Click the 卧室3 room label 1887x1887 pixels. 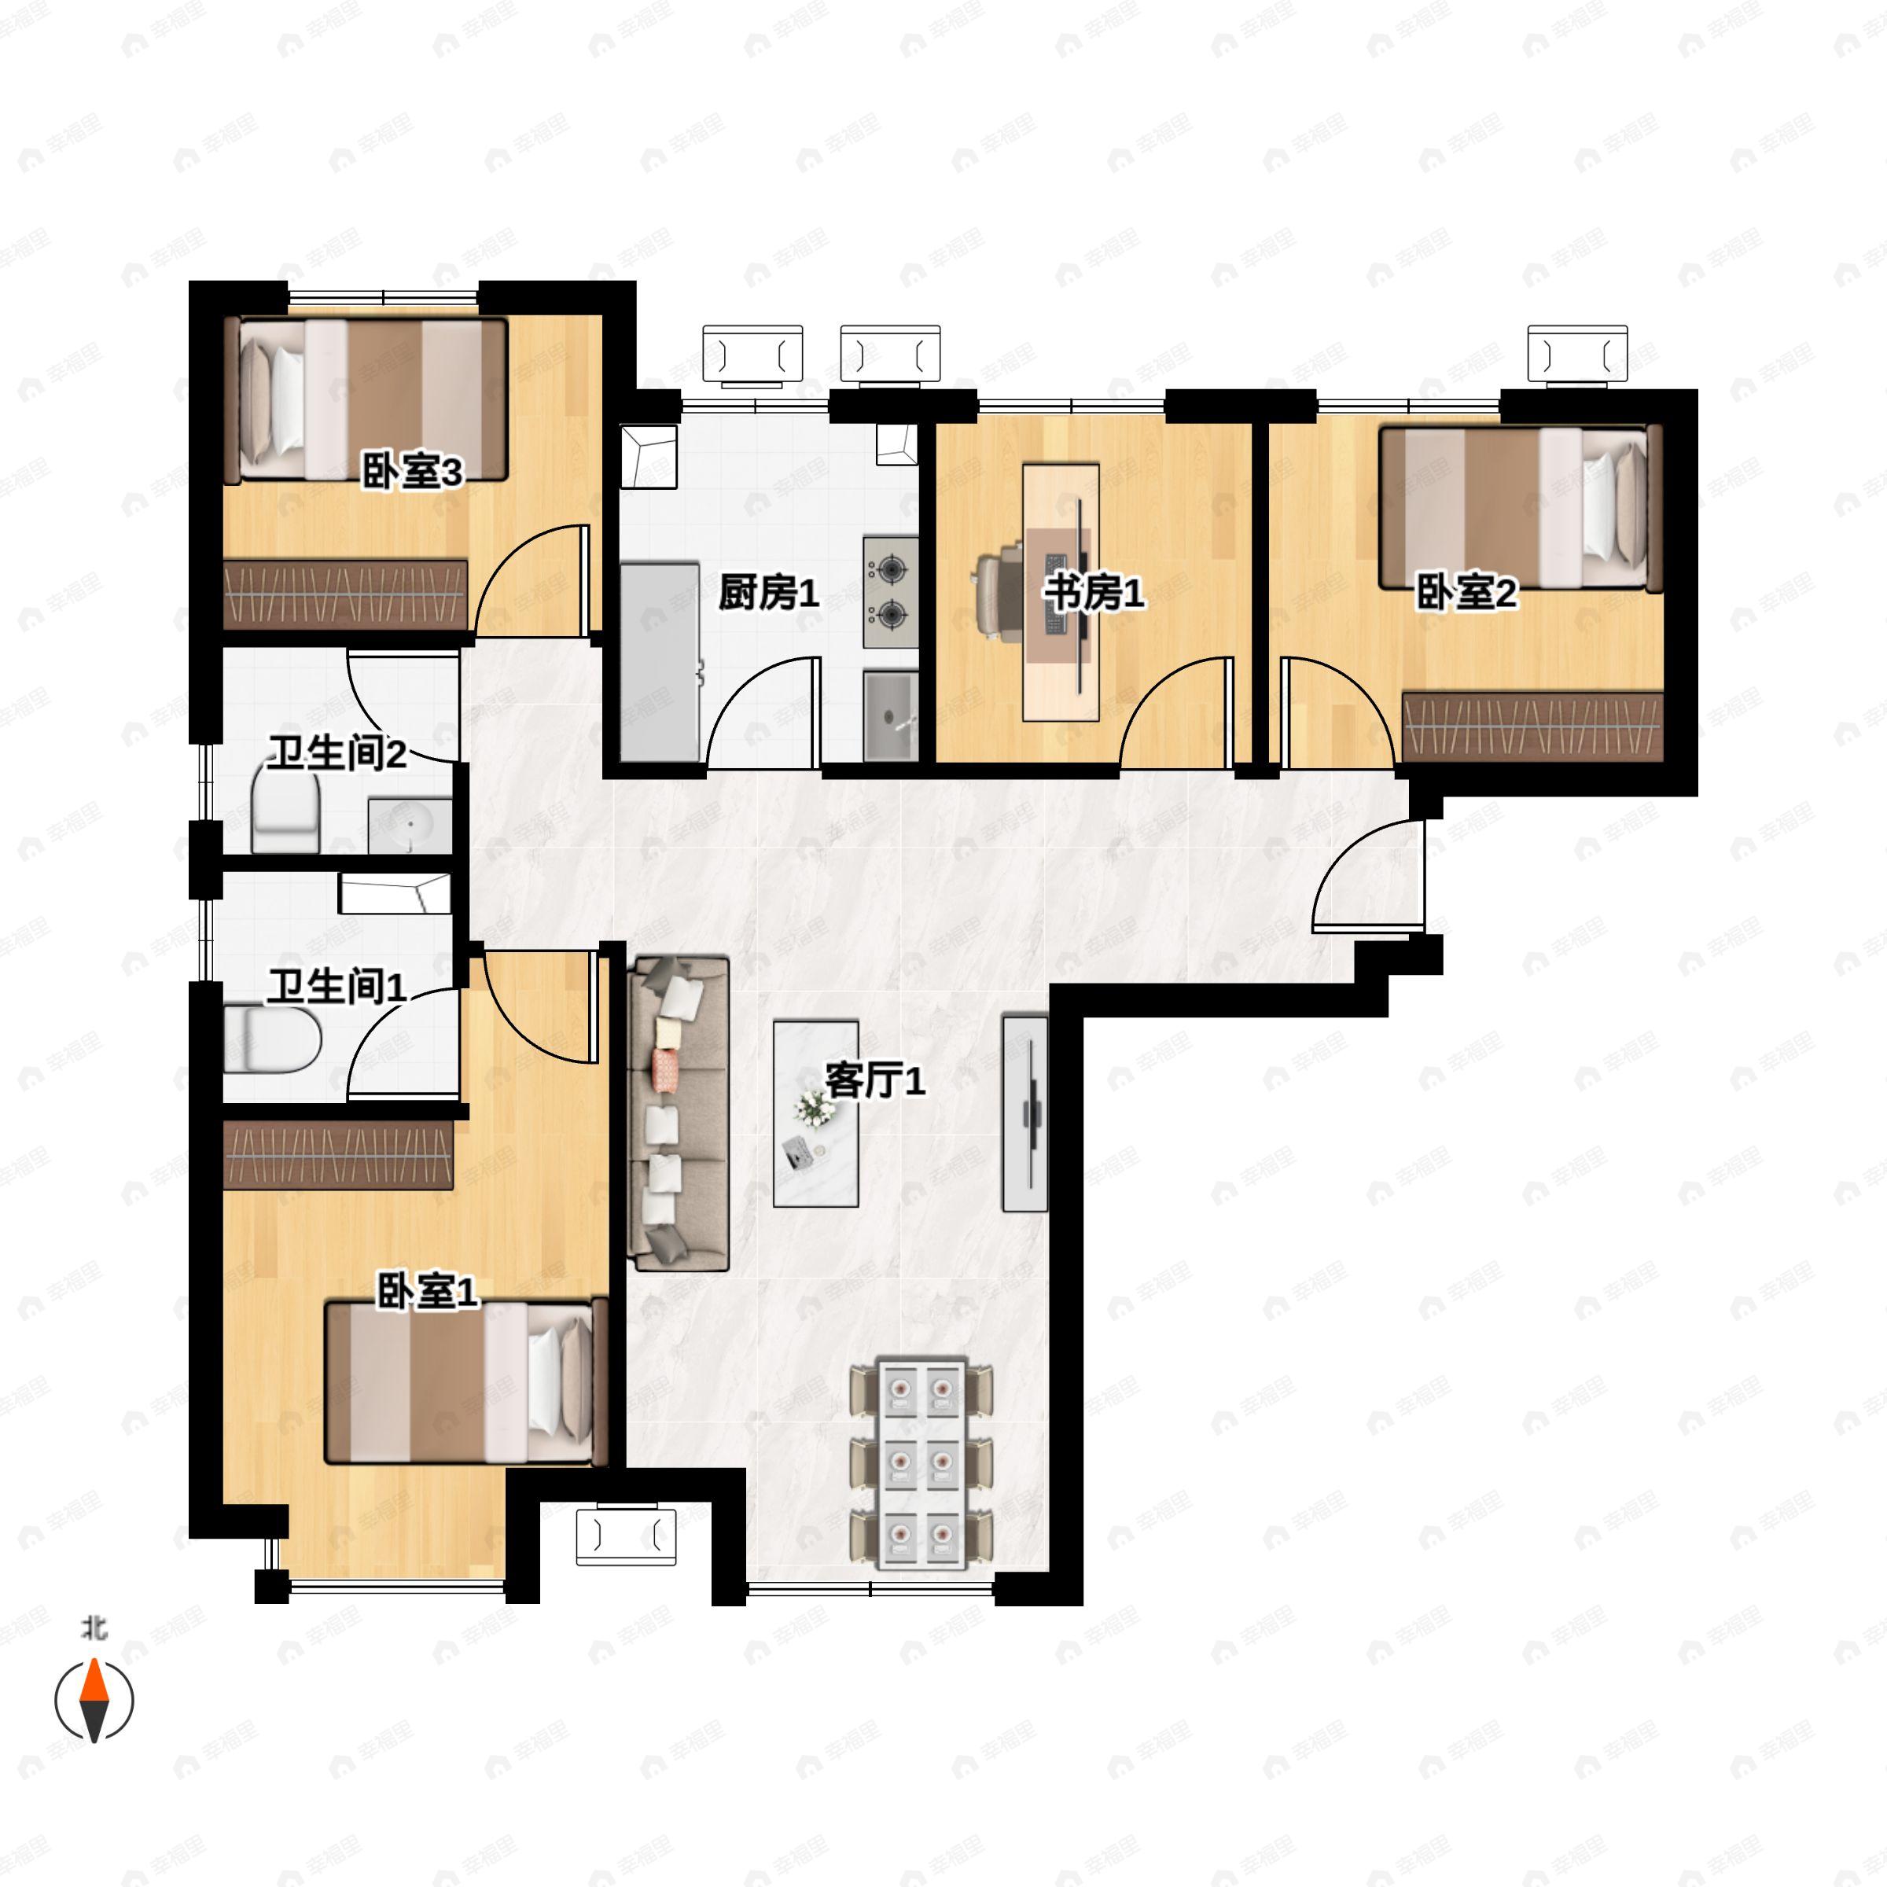point(411,473)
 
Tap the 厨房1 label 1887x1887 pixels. point(769,593)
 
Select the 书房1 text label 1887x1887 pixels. point(1094,593)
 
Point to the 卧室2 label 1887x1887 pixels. point(1466,593)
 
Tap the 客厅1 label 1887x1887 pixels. point(875,1080)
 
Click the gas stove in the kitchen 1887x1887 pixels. point(891,592)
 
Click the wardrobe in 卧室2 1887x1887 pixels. point(1532,726)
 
